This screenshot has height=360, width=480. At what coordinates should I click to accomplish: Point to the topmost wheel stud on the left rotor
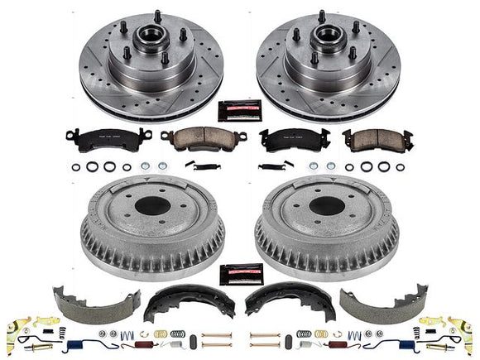(x=157, y=16)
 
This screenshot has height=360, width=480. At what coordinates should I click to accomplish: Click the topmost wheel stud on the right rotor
(x=322, y=16)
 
